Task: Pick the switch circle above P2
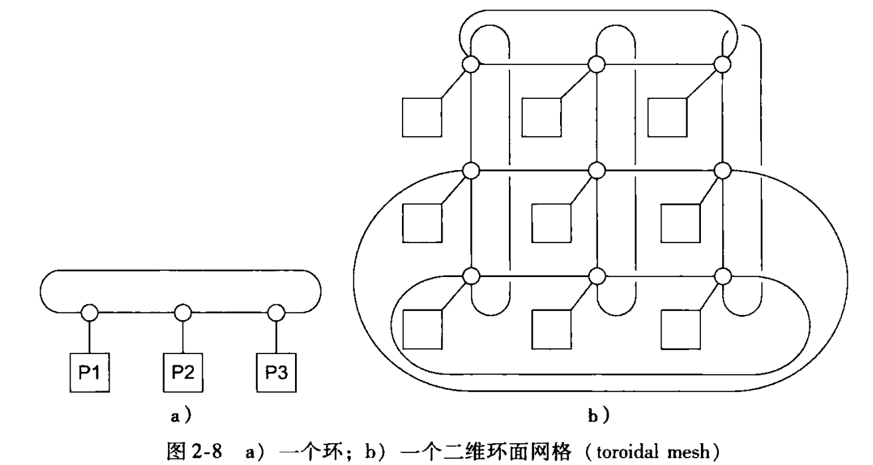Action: pyautogui.click(x=182, y=311)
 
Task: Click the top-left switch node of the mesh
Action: pyautogui.click(x=471, y=64)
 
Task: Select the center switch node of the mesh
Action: pyautogui.click(x=597, y=170)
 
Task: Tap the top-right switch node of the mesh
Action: pyautogui.click(x=722, y=64)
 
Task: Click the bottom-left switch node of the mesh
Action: pyautogui.click(x=471, y=274)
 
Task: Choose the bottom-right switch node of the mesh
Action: pyautogui.click(x=722, y=274)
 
